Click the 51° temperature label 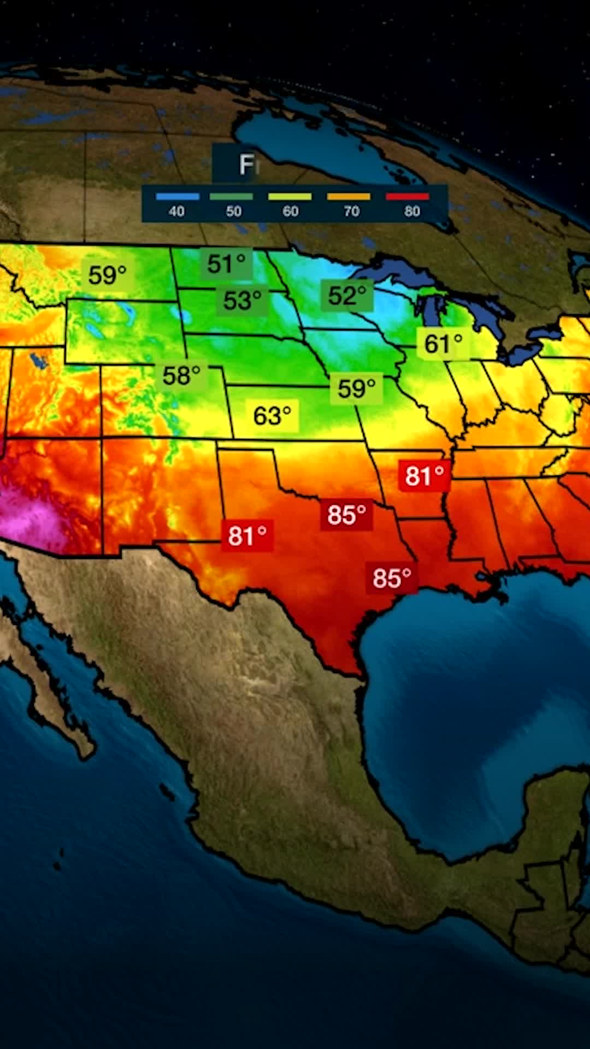[226, 264]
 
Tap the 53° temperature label [242, 300]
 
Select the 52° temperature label [346, 296]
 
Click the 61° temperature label [443, 344]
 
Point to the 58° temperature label [181, 375]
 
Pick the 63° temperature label [272, 416]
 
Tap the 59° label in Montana [107, 275]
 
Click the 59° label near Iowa [356, 388]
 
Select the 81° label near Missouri [424, 476]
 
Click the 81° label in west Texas [247, 536]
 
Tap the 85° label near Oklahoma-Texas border [346, 515]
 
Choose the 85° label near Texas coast [392, 578]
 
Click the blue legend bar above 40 [177, 197]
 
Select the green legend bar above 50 [232, 197]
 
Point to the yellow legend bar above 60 [290, 197]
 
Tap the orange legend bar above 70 [349, 197]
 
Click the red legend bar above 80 [408, 197]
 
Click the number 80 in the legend [412, 211]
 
